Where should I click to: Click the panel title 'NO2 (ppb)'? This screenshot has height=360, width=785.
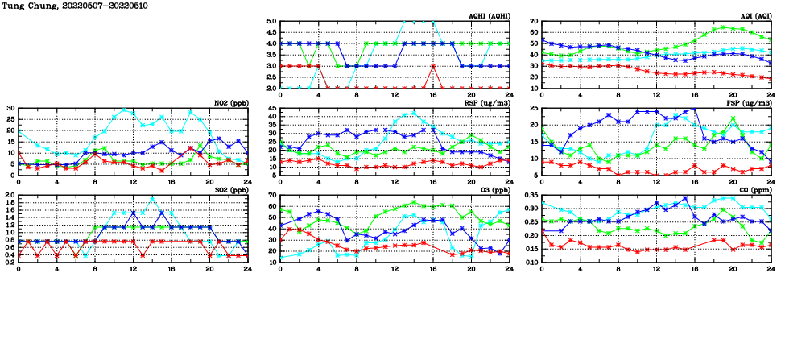(229, 102)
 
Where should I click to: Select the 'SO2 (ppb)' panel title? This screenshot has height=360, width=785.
(229, 190)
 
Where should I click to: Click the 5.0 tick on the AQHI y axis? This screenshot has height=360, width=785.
(271, 22)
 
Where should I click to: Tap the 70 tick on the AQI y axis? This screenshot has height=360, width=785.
(535, 22)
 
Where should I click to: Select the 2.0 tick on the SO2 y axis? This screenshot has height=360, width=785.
(10, 195)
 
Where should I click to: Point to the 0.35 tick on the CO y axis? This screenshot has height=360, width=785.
(531, 195)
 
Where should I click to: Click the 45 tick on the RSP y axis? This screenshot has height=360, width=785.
(272, 108)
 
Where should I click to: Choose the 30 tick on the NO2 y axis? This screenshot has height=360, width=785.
(10, 108)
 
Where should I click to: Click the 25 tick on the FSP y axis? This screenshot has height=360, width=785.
(535, 108)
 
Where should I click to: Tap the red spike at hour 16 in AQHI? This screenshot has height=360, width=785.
(433, 66)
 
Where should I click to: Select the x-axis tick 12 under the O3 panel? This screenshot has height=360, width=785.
(395, 267)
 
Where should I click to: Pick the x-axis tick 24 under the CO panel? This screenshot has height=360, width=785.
(771, 267)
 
